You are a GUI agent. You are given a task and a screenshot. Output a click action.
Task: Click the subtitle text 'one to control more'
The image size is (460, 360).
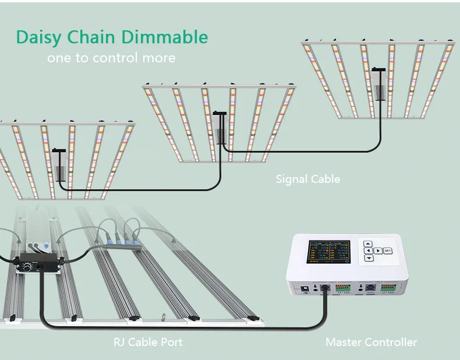tap(111, 58)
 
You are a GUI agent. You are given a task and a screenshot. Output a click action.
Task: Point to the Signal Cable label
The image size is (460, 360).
tap(307, 179)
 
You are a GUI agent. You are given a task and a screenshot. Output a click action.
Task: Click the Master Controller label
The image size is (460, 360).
tap(371, 342)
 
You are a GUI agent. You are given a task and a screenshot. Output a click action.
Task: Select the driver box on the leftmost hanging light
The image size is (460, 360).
tap(60, 168)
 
